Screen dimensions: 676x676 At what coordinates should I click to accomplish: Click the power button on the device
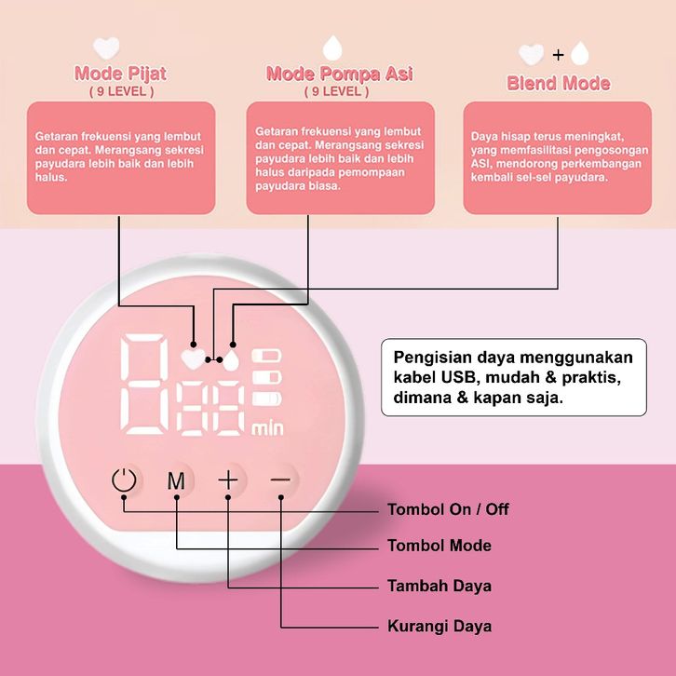[124, 481]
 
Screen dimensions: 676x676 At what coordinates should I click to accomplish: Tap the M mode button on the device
[176, 481]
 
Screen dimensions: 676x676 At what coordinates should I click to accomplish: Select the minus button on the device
[280, 480]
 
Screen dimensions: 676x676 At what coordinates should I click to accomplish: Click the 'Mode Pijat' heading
[121, 74]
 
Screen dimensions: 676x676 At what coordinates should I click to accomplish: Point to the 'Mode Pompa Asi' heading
[339, 74]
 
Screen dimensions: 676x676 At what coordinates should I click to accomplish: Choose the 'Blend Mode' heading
[558, 83]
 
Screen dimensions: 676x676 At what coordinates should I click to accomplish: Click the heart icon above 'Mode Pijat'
[108, 47]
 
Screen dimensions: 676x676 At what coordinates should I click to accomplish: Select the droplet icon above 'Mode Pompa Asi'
[331, 47]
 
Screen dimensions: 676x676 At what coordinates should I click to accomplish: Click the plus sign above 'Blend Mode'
[559, 53]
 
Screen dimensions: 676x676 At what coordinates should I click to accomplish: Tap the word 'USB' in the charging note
[457, 380]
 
